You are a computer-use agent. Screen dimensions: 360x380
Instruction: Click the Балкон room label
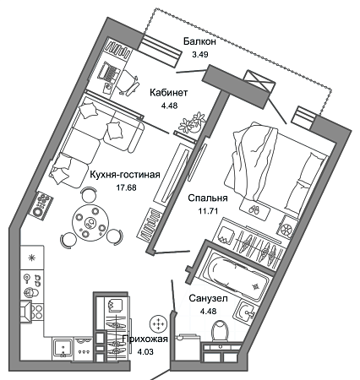[199, 41]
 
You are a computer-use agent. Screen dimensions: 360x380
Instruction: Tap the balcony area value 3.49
[200, 54]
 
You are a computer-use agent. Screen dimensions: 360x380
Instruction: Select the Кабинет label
[169, 92]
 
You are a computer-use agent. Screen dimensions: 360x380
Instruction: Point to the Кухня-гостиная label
[125, 175]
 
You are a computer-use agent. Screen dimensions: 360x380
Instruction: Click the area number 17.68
[126, 187]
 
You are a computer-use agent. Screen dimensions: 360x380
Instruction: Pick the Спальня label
[208, 198]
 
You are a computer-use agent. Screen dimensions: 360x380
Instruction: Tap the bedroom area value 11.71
[208, 211]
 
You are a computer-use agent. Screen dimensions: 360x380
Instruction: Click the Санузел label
[208, 298]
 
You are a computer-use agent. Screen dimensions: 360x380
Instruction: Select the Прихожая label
[145, 339]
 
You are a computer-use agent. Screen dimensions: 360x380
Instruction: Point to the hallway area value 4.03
[145, 352]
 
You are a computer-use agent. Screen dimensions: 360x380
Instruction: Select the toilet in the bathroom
[221, 331]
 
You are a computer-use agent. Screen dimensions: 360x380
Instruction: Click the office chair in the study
[129, 81]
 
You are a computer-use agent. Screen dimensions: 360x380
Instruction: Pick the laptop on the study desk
[109, 73]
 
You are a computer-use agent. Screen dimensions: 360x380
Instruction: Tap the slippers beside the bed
[254, 210]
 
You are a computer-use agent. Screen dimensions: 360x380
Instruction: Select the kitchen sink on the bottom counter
[63, 349]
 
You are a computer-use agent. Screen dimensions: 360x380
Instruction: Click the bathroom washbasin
[246, 312]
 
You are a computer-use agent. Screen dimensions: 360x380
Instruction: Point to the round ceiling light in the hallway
[159, 323]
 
